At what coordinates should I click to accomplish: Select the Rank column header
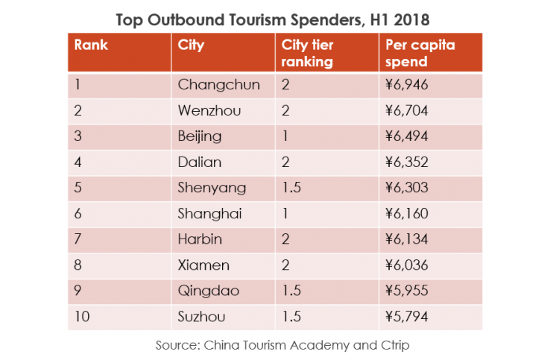pyautogui.click(x=91, y=45)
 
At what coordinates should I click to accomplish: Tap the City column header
pyautogui.click(x=192, y=45)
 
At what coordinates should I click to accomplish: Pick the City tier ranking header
pyautogui.click(x=307, y=53)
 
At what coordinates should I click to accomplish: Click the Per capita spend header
pyautogui.click(x=420, y=53)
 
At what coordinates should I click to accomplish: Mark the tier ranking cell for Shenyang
pyautogui.click(x=292, y=188)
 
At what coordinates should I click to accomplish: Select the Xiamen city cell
pyautogui.click(x=203, y=265)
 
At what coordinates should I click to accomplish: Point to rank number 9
pyautogui.click(x=78, y=291)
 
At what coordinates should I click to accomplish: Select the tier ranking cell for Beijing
pyautogui.click(x=285, y=136)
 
